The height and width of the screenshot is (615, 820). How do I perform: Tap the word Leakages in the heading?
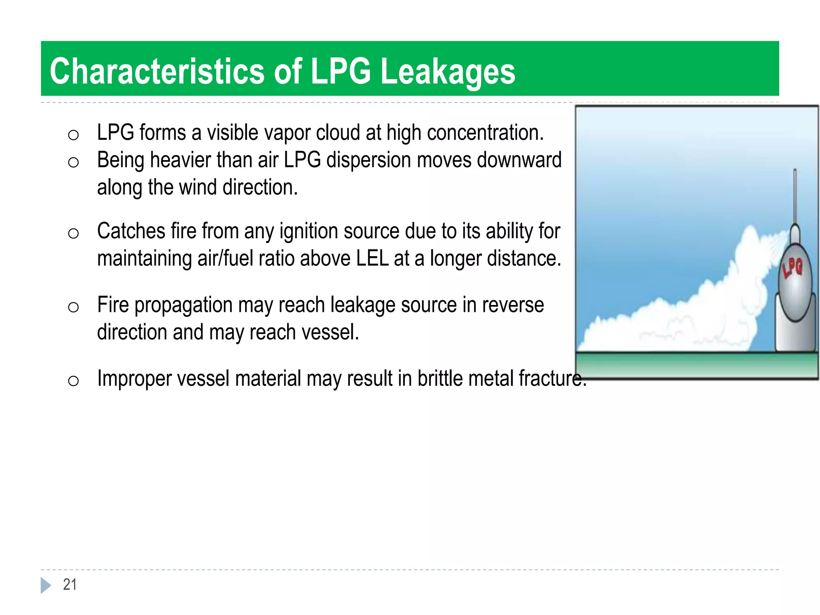448,72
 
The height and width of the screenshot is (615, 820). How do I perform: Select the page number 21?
70,585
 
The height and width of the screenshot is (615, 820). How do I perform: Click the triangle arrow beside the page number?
46,585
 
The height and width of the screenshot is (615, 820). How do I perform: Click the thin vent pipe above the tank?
795,196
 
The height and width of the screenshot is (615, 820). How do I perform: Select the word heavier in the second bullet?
180,160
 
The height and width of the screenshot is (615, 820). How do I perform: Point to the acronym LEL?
372,258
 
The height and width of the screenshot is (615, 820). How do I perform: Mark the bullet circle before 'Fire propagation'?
73,307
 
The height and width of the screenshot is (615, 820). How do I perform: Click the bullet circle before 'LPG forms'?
73,135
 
